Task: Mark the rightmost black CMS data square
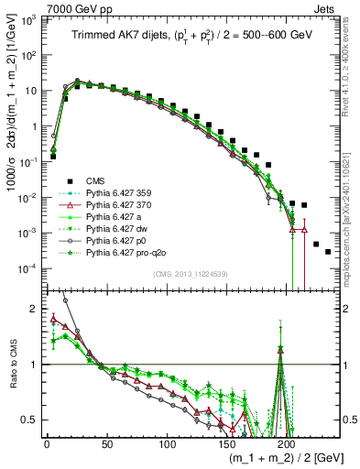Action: pyautogui.click(x=328, y=252)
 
